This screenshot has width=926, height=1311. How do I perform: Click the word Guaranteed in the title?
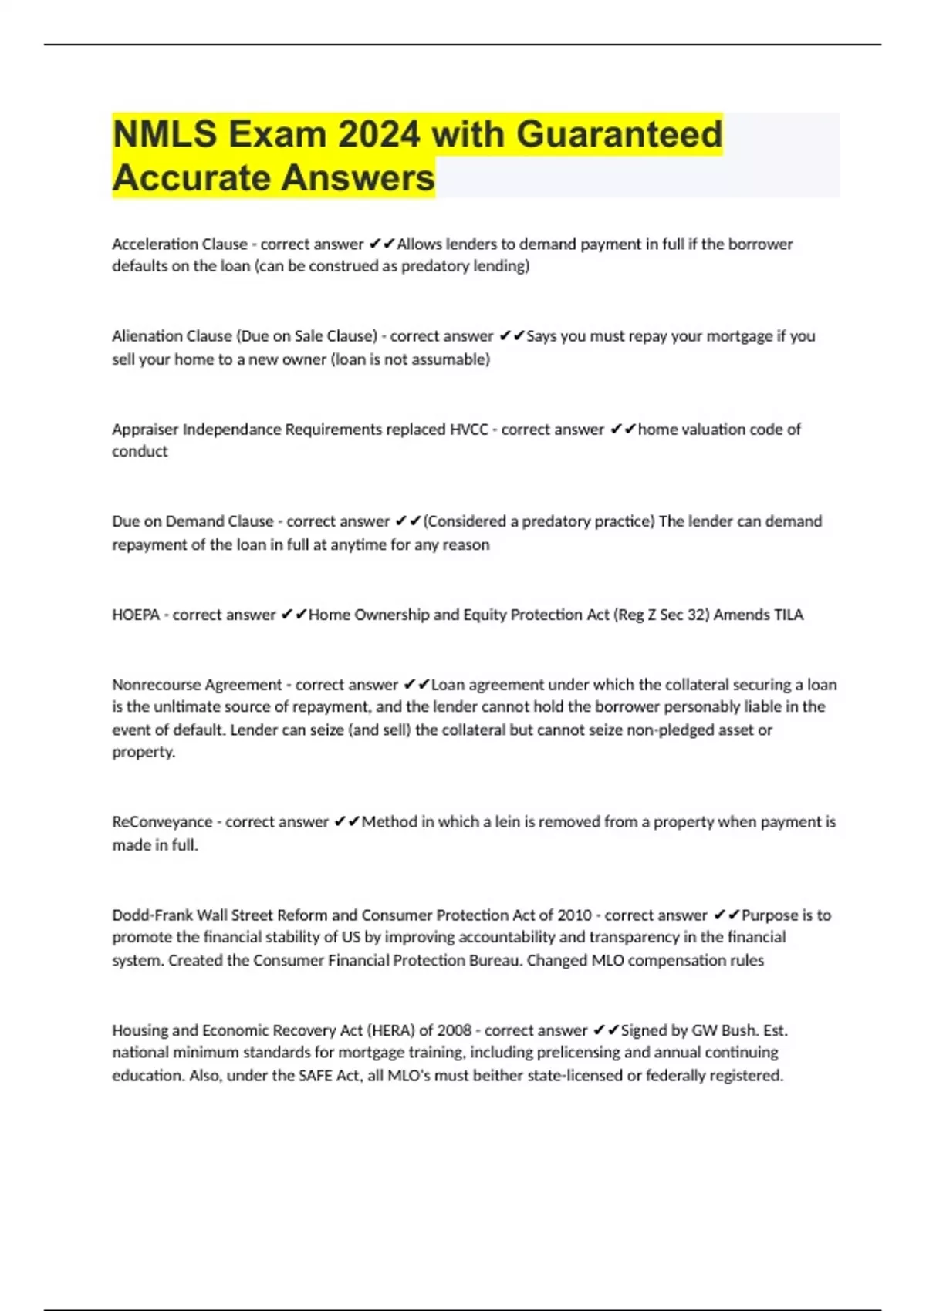click(619, 134)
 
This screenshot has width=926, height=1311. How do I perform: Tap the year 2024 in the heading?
click(378, 134)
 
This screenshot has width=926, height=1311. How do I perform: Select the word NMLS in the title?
click(164, 134)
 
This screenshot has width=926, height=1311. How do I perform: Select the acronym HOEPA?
click(136, 615)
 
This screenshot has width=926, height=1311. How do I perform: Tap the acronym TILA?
click(788, 615)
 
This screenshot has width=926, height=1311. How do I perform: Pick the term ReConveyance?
click(162, 822)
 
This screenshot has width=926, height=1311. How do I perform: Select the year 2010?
click(574, 915)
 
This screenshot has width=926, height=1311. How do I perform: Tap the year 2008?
click(454, 1030)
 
